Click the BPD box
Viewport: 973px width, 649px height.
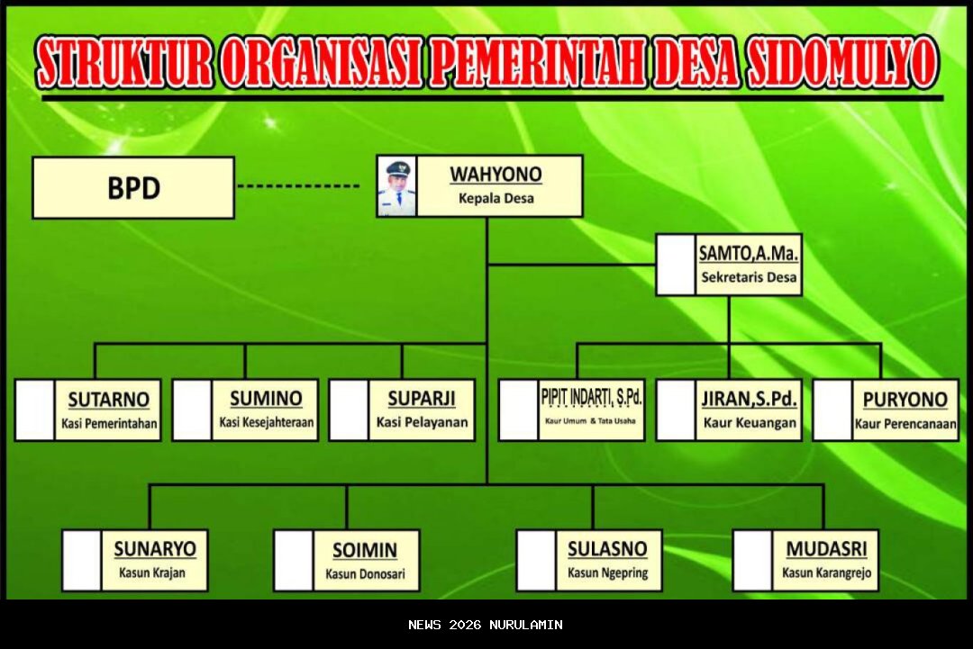(x=133, y=188)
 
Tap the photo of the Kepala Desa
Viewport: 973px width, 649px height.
(x=396, y=186)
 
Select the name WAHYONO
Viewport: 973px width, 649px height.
(x=496, y=174)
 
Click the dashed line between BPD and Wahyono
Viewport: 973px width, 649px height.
(x=298, y=186)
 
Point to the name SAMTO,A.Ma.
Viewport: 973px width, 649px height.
(x=749, y=253)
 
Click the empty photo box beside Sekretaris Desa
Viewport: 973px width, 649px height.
(x=675, y=265)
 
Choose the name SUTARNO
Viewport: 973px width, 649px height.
(x=109, y=399)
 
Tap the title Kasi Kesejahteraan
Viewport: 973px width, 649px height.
(x=266, y=423)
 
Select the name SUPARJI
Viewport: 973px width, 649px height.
(x=422, y=399)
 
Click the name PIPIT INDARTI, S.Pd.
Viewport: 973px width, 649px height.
(x=592, y=397)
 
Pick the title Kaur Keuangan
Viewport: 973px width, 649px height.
(x=750, y=423)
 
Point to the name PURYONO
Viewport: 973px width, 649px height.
(x=905, y=399)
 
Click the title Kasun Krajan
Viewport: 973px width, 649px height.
(x=153, y=572)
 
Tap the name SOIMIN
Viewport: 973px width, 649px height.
(x=364, y=549)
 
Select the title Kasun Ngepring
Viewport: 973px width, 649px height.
(x=607, y=572)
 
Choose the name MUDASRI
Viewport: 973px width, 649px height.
(x=826, y=548)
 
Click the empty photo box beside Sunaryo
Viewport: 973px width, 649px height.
(x=81, y=560)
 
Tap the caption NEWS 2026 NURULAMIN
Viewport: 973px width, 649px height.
(x=486, y=625)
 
